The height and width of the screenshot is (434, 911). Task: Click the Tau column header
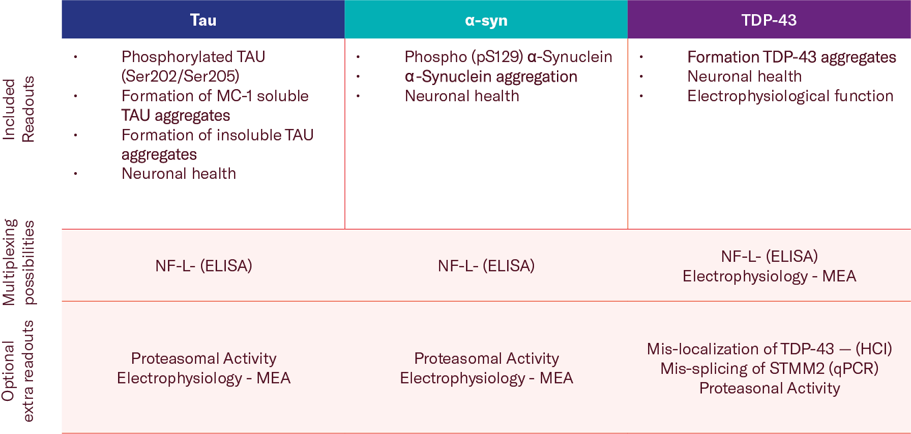point(203,20)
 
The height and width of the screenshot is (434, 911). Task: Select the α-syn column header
point(486,20)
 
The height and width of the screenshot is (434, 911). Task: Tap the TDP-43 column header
point(769,20)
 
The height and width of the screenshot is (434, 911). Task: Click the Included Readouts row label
point(19,109)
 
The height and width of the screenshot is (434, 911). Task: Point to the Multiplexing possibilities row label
point(19,262)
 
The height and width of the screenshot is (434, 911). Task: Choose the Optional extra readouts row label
point(19,371)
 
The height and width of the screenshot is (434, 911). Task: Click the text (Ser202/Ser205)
point(180,76)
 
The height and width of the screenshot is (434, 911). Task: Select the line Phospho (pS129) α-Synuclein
point(508,57)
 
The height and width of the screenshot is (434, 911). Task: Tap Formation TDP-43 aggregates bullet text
point(792,57)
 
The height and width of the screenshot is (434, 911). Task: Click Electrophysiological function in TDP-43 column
point(790,96)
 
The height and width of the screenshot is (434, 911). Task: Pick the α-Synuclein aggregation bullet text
point(491,76)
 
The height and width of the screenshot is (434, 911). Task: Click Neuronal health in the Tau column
point(179,174)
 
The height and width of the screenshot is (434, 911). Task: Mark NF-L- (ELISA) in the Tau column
point(204,266)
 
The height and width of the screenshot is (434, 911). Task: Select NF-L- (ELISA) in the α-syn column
point(486,266)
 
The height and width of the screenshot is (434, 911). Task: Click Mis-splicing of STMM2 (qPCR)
point(769,369)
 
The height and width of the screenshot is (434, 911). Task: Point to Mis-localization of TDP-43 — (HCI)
point(769,349)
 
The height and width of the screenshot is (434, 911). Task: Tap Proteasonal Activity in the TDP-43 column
point(769,388)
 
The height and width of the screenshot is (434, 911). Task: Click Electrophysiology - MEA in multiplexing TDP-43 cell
point(769,276)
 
